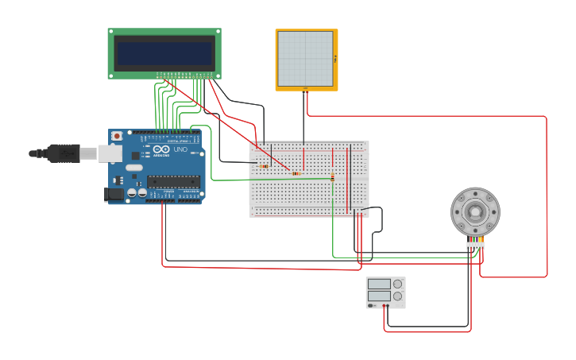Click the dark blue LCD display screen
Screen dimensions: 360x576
164,53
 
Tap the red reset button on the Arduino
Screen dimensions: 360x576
117,136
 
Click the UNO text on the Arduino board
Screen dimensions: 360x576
180,149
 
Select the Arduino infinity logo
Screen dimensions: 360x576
161,149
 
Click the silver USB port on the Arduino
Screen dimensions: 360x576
110,153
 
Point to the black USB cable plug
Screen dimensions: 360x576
64,153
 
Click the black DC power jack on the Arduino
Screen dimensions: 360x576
114,194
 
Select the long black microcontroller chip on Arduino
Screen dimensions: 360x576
172,181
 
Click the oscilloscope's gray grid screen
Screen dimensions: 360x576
305,59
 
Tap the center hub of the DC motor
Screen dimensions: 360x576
475,211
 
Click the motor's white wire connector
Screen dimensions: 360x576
475,245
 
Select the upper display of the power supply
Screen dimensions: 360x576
379,284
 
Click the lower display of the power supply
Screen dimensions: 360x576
379,296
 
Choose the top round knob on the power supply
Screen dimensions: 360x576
397,284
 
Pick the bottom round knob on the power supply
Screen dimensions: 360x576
397,296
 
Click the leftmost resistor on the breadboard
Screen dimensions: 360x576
264,166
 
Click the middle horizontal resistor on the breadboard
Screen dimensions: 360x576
296,173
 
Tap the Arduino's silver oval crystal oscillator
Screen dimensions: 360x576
133,168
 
